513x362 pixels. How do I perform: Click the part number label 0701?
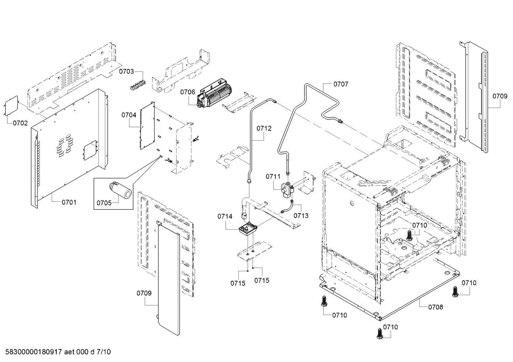click(x=69, y=202)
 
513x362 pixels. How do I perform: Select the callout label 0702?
click(x=20, y=123)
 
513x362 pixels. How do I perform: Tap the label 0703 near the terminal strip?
click(x=126, y=71)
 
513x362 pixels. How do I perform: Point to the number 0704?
click(x=129, y=115)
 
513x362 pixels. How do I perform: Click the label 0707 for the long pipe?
click(x=340, y=84)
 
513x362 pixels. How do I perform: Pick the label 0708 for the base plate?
click(x=435, y=307)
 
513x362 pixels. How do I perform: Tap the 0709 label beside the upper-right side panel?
click(x=500, y=96)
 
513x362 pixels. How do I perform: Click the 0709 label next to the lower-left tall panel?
click(x=144, y=293)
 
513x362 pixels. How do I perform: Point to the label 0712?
click(x=264, y=128)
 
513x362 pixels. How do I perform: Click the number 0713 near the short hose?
click(x=301, y=215)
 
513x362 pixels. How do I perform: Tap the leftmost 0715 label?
click(x=238, y=283)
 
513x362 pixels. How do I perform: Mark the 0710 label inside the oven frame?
click(x=420, y=225)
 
